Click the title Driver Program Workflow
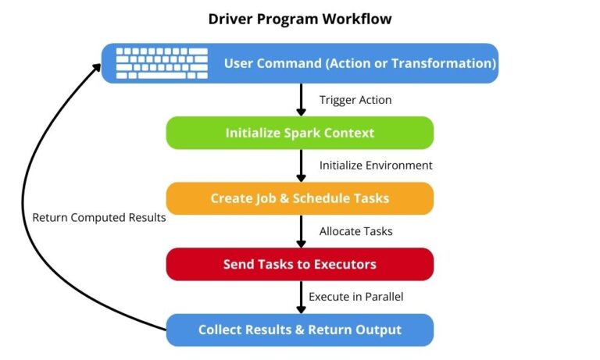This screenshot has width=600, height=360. (300, 18)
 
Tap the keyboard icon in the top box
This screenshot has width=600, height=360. (162, 63)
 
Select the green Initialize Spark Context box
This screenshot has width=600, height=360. (300, 133)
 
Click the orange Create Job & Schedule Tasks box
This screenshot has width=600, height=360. (300, 198)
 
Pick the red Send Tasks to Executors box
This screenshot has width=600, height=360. (300, 264)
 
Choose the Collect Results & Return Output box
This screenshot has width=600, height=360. (300, 330)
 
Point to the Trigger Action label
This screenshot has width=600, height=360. (355, 100)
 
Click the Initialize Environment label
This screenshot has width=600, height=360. (376, 166)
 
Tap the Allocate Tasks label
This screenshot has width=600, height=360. (355, 231)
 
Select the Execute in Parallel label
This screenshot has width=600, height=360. (355, 297)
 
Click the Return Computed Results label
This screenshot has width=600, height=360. (99, 218)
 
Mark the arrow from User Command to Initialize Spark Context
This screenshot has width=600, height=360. (300, 100)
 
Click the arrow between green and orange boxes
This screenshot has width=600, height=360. (300, 166)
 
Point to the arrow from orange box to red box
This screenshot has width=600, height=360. (300, 231)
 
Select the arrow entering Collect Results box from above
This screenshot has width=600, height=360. (300, 297)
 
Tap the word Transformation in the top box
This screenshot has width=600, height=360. (444, 63)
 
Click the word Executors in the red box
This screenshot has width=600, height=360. (345, 264)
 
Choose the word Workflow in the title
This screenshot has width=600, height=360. (359, 18)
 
